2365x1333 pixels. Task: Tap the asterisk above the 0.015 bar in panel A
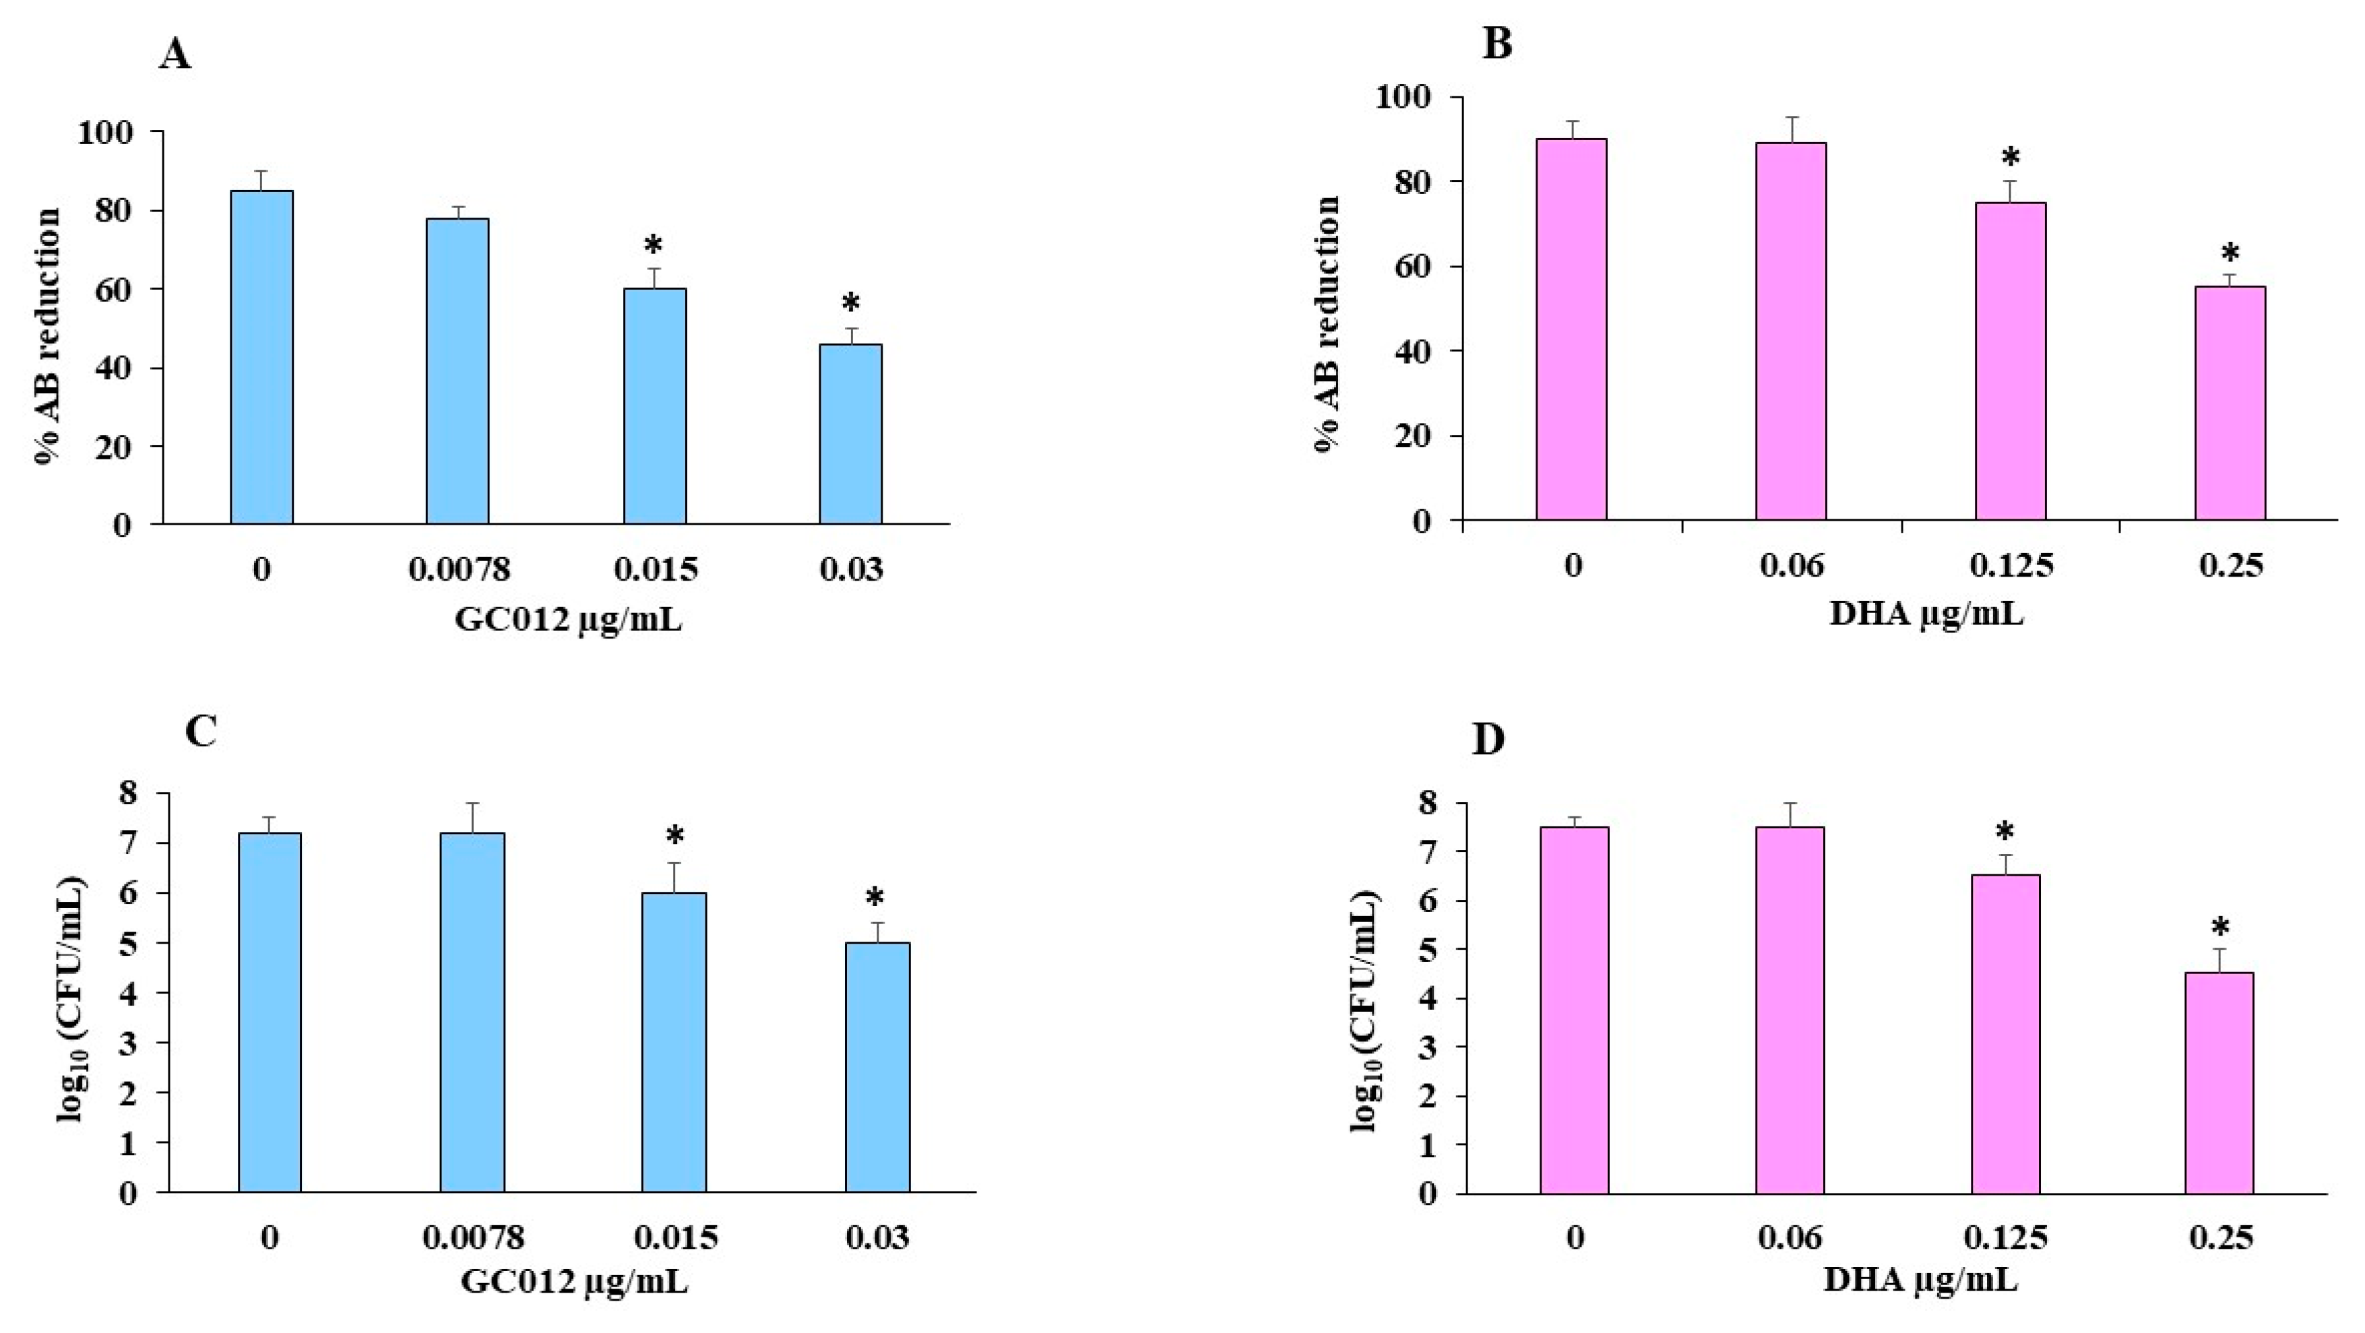click(x=654, y=246)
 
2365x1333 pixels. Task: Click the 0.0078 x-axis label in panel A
click(x=458, y=570)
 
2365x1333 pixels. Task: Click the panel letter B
click(x=1497, y=44)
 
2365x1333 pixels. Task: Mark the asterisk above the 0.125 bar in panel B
click(x=2011, y=157)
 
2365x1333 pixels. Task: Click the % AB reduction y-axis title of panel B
click(x=1327, y=323)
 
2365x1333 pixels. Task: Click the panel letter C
click(x=201, y=731)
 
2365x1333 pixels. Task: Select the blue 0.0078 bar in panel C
click(x=472, y=1012)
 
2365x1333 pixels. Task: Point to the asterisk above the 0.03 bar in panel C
click(x=875, y=898)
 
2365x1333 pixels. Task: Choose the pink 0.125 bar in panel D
click(x=2005, y=1034)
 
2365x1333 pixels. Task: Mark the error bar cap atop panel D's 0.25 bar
click(x=2219, y=948)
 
